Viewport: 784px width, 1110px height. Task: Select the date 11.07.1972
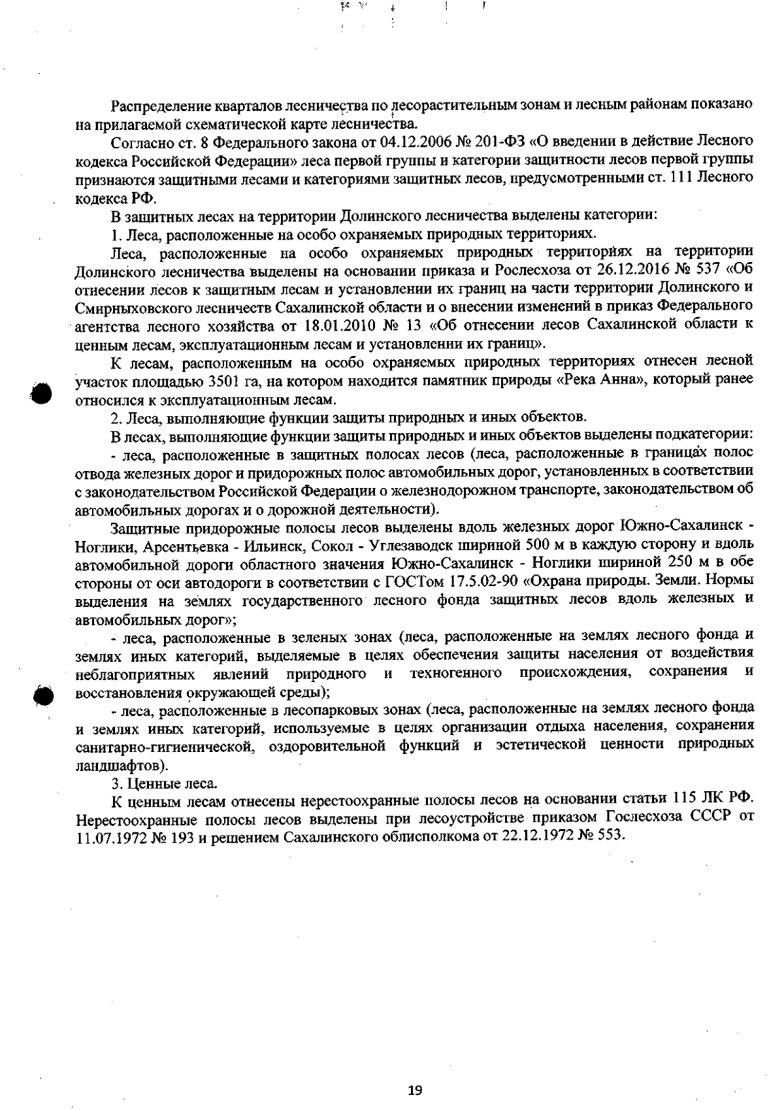tap(107, 836)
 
